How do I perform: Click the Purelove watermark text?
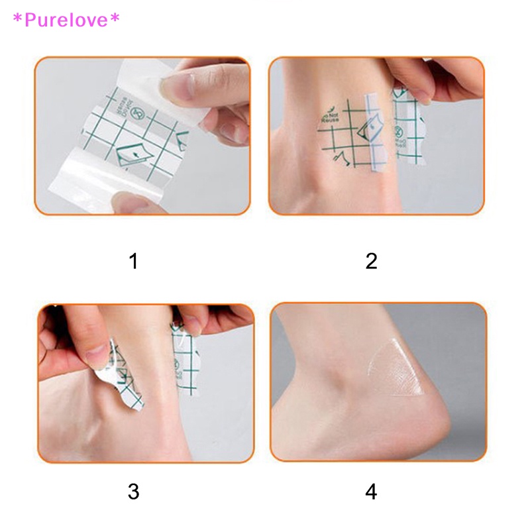[x=65, y=21]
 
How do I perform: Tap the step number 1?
[x=134, y=261]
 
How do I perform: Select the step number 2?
[x=371, y=261]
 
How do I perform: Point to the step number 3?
[x=134, y=492]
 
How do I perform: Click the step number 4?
[x=371, y=492]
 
